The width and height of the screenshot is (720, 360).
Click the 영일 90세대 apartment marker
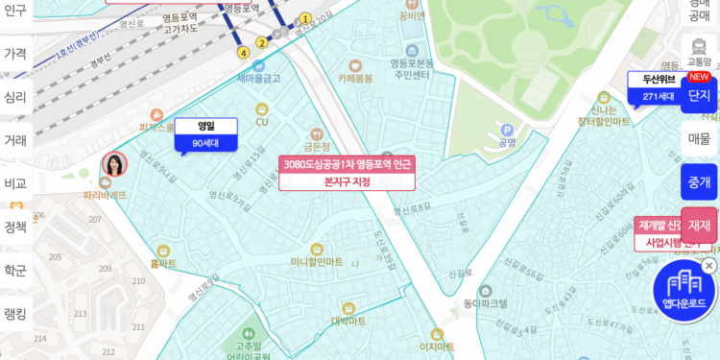point(205,135)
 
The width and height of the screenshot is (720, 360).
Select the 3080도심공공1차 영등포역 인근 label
point(347,164)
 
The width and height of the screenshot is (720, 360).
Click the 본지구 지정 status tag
point(347,181)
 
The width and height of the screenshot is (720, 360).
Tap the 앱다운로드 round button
point(684,292)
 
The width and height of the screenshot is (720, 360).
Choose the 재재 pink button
point(699,226)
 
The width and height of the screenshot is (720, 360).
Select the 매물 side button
point(699,138)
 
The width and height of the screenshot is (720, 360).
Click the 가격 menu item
point(15,54)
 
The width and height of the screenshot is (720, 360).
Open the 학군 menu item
point(15,271)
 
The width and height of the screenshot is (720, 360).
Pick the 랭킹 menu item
point(15,314)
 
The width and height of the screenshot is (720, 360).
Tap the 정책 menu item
point(15,228)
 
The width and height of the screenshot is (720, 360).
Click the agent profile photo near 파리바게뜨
point(114,164)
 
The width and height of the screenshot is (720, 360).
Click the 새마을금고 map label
point(258,78)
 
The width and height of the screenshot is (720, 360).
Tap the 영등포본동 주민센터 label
point(412,68)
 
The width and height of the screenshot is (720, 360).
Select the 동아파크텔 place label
point(485,303)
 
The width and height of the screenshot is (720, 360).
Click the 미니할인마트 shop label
point(317,261)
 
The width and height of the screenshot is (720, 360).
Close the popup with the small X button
point(708,266)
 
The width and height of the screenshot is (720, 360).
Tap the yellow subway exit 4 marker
point(244,53)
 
